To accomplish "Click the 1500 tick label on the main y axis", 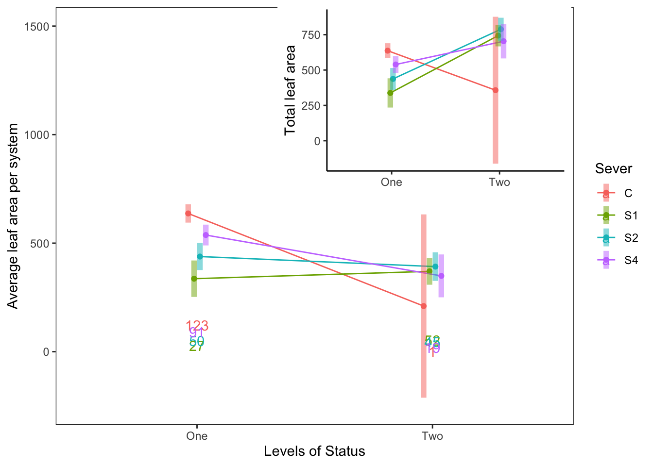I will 37,27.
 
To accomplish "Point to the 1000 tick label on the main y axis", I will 37,135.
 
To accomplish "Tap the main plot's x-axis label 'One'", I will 197,436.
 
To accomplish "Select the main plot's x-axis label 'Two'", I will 432,436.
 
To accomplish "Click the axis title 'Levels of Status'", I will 314,451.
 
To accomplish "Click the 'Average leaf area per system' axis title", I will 13,216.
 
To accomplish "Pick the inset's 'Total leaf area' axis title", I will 291,90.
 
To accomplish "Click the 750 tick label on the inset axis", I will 311,35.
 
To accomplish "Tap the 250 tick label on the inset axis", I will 311,106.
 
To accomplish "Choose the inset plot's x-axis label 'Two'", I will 499,183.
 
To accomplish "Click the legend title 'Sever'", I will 613,169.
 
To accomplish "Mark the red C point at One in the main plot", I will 188,214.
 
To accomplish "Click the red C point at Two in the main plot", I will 424,306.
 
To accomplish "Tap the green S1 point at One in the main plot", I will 194,279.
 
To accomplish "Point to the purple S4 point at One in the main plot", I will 206,235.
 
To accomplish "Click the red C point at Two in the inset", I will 496,90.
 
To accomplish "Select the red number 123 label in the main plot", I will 197,326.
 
